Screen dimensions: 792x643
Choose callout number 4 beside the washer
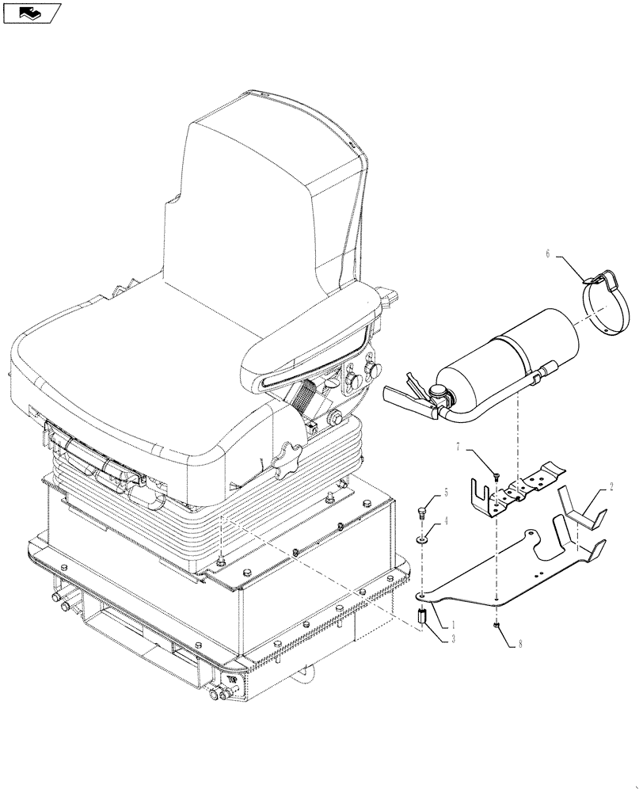click(x=445, y=521)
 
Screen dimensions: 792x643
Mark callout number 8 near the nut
click(x=520, y=645)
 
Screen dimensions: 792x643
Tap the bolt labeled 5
click(x=422, y=511)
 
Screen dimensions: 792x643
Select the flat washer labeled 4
click(x=422, y=539)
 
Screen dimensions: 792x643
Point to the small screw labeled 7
click(x=495, y=476)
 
